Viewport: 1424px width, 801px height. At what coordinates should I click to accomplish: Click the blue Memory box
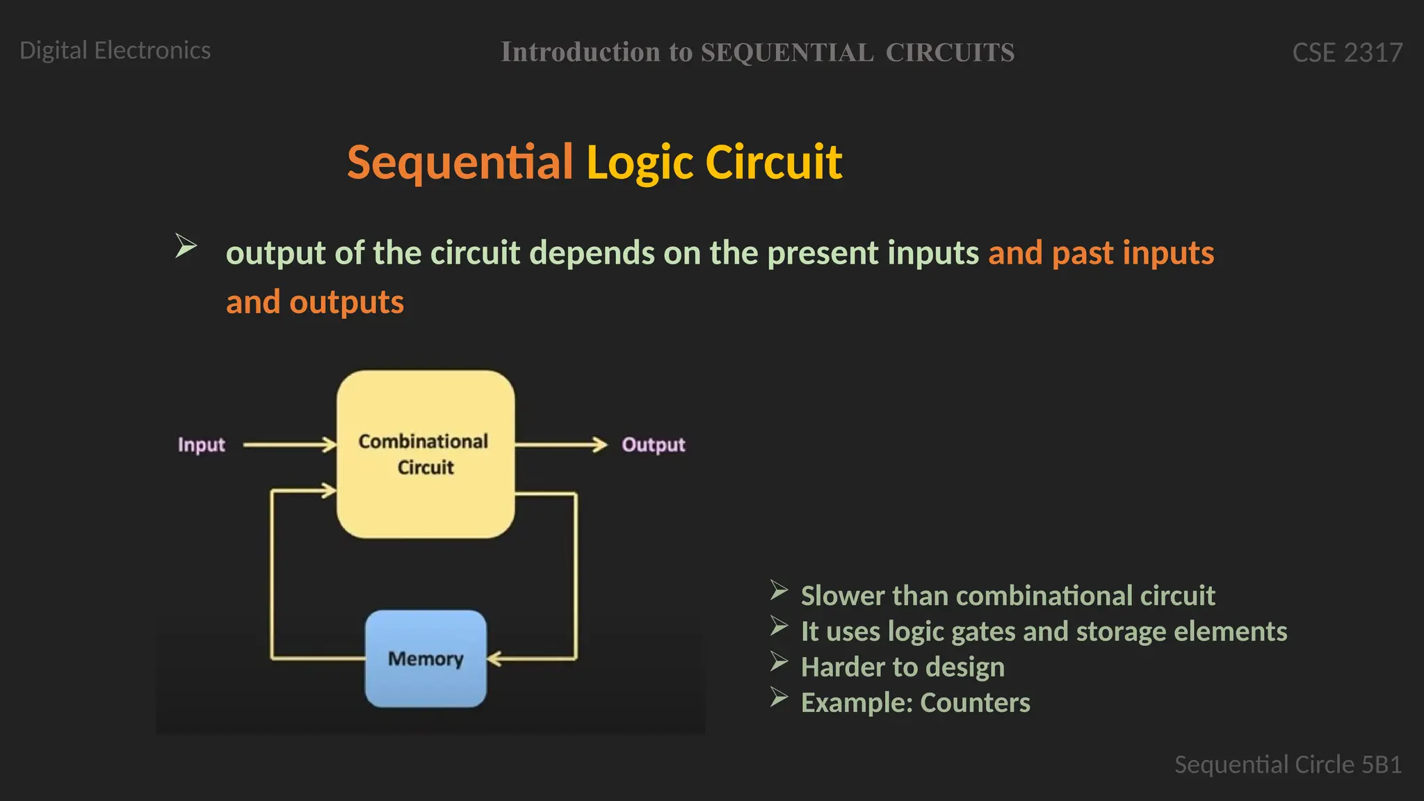426,658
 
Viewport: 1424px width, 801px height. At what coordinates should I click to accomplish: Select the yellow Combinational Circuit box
426,454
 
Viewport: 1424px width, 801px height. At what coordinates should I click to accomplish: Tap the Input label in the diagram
202,445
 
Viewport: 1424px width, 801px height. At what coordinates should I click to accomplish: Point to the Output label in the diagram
653,445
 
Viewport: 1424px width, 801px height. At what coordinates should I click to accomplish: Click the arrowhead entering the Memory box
494,658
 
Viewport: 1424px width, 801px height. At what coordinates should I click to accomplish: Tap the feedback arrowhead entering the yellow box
328,491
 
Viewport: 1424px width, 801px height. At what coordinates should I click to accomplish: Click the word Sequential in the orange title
460,162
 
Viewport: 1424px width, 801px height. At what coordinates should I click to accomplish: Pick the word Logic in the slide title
640,162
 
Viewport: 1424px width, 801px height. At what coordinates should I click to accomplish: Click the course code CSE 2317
1347,53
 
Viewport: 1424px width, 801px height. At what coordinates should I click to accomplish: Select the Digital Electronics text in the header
115,51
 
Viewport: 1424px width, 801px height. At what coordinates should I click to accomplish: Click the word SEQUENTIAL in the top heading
786,53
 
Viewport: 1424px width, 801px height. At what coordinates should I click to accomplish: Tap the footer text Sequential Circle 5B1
1288,765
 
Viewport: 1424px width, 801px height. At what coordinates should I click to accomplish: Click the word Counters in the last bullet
975,703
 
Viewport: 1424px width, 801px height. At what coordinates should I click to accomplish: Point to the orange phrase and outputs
314,302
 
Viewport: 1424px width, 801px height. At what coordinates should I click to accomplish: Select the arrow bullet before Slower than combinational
779,591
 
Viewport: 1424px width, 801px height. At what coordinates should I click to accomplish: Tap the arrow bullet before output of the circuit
186,245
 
